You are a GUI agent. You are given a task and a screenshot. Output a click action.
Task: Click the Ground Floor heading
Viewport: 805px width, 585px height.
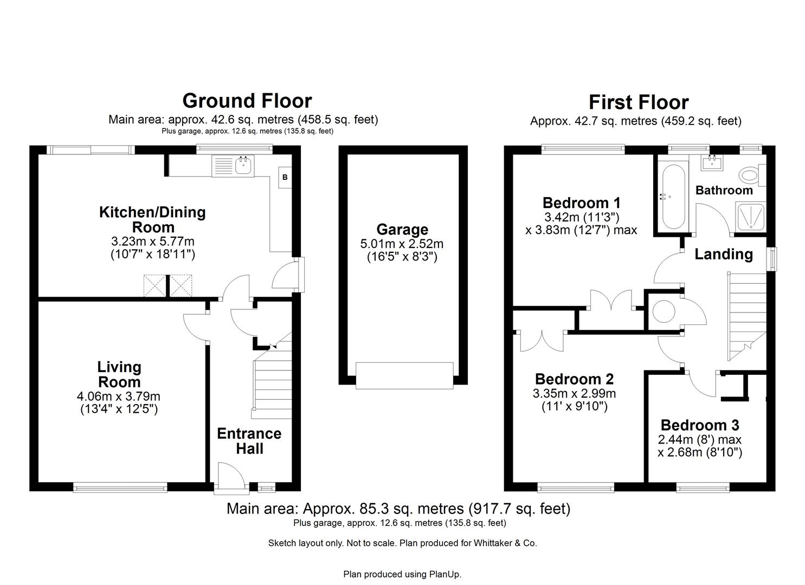coord(247,101)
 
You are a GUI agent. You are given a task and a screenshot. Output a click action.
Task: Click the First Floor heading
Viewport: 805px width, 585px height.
coord(638,102)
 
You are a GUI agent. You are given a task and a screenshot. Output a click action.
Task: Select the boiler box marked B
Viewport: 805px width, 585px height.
coord(285,178)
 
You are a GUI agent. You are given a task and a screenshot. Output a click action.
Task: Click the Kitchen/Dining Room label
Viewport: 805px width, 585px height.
coord(152,219)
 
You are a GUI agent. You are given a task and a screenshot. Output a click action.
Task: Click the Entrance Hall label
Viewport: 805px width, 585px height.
coord(249,441)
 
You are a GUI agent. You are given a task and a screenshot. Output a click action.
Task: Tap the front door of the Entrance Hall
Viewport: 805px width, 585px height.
coord(231,478)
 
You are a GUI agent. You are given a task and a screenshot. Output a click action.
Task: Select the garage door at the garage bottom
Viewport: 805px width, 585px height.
coord(404,375)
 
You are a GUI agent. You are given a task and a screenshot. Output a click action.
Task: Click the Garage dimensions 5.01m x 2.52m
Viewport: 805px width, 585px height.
coord(402,244)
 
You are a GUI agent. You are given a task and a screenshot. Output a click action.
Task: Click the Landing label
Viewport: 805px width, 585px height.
coord(724,254)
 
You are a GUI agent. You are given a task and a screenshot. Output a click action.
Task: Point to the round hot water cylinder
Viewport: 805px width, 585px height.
coord(663,312)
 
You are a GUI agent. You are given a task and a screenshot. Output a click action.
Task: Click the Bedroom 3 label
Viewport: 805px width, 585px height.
coord(699,425)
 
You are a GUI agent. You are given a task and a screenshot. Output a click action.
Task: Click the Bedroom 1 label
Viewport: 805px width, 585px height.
coord(581,203)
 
